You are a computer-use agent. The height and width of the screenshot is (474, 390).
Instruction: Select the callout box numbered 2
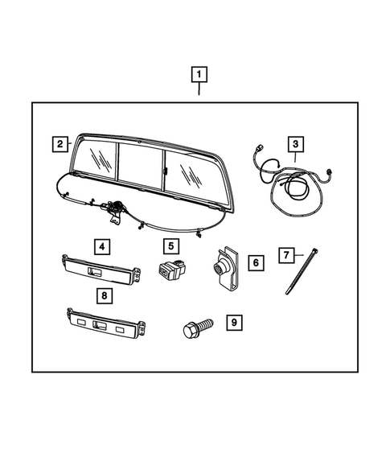coord(60,145)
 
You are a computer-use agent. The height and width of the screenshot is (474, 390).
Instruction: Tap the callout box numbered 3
coord(296,145)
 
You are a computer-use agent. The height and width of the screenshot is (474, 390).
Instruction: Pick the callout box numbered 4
coord(101,245)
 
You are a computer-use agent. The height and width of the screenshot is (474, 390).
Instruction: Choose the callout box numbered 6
coord(254,262)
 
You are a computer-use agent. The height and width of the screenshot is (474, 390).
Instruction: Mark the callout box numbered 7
coord(285,255)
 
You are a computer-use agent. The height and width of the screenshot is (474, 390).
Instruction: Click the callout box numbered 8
coord(105,296)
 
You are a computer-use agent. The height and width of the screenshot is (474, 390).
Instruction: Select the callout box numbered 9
coord(233,323)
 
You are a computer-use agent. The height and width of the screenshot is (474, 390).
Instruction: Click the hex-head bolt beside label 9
coord(195,328)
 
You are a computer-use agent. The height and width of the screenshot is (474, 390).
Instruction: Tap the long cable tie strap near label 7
coord(299,274)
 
